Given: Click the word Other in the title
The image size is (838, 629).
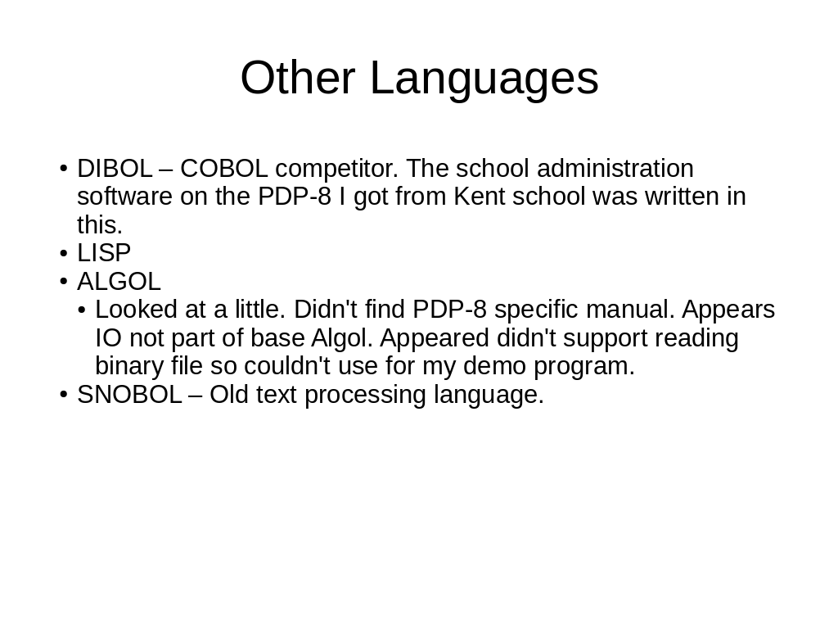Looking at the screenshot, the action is (x=298, y=78).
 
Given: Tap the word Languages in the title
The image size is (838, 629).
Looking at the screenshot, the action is (x=484, y=80).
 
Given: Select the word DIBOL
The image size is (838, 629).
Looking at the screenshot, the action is (x=115, y=169).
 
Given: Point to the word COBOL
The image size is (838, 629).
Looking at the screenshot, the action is (x=224, y=169).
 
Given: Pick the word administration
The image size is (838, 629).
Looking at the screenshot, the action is (x=615, y=169).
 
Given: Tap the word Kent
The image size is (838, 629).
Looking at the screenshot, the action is (x=480, y=197).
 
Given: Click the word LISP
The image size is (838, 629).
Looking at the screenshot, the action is (x=104, y=253).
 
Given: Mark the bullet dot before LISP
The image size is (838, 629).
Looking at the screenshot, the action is (x=64, y=253).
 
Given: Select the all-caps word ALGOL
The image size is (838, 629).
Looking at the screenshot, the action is (x=119, y=282).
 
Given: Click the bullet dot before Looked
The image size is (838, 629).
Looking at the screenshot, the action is (x=82, y=310).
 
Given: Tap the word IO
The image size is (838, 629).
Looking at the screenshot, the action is (x=109, y=338).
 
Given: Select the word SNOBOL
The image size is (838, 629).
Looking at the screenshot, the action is (x=130, y=395).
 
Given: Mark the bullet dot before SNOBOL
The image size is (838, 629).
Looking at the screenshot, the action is (x=64, y=395).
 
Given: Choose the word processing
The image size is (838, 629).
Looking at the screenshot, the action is (x=365, y=396).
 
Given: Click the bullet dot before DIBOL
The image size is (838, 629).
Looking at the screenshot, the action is (x=64, y=169).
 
